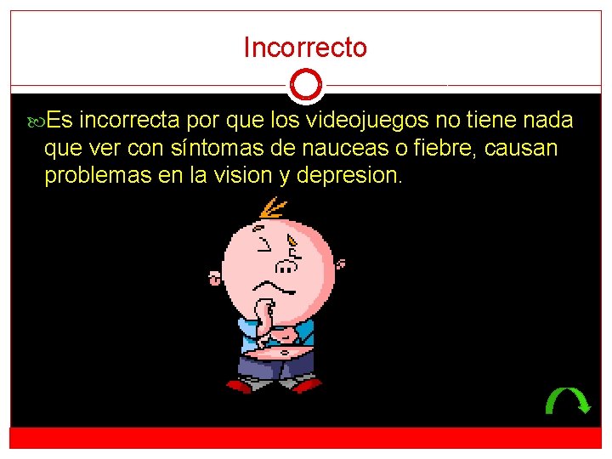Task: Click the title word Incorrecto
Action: (x=305, y=48)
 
